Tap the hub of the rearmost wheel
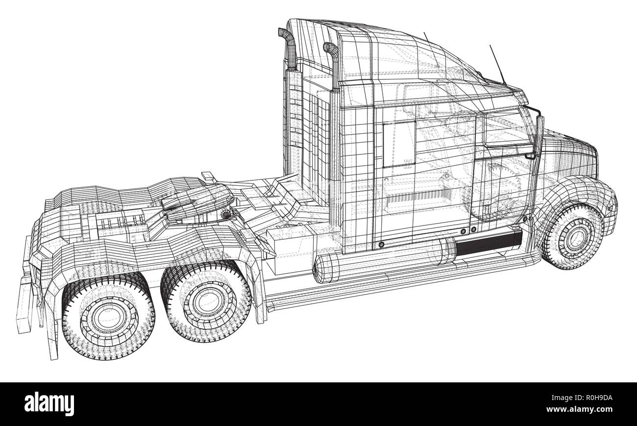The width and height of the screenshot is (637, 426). (x=108, y=319)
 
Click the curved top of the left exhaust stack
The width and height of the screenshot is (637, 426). (x=285, y=34)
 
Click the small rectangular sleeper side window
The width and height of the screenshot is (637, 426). (x=398, y=144)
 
